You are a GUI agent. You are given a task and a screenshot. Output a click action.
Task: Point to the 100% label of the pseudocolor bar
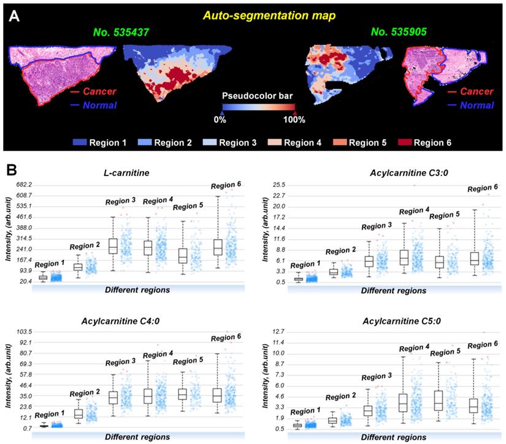(x=294, y=119)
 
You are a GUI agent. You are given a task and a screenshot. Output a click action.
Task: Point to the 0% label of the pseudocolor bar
(x=220, y=119)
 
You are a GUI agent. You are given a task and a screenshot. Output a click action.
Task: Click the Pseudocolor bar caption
(x=257, y=97)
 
